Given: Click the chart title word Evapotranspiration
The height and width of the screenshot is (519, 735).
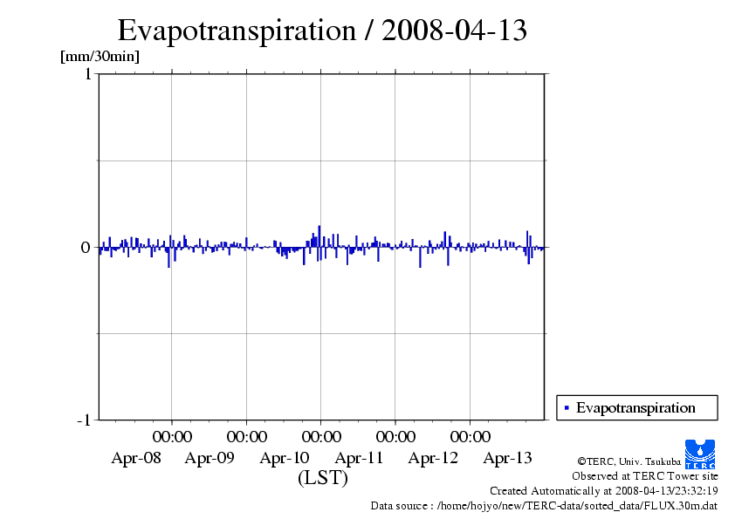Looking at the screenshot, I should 236,31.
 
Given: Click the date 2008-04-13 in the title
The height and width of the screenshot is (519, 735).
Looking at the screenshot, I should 455,31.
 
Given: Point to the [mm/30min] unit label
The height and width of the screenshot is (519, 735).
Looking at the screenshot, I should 100,57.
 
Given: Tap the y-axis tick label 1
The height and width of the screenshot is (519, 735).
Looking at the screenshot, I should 87,74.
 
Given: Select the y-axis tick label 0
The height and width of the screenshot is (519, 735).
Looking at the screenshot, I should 86,248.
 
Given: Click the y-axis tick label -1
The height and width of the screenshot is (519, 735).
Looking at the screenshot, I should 84,420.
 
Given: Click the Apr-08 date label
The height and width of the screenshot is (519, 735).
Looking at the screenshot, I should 136,458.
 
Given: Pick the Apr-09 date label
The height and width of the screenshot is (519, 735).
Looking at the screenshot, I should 210,458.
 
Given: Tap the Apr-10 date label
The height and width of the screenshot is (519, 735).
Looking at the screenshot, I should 285,458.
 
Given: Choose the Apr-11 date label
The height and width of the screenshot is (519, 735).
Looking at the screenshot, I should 359,458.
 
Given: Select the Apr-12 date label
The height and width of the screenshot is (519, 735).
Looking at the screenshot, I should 433,458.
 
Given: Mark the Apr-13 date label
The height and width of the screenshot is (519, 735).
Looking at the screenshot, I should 508,458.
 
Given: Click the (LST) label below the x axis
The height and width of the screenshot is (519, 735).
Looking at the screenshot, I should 323,479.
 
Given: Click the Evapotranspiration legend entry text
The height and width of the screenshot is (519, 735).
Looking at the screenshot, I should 635,407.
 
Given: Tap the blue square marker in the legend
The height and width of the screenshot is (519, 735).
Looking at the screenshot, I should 567,407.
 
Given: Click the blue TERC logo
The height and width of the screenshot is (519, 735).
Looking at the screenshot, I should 701,454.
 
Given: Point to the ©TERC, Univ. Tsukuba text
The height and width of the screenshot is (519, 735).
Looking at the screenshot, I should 629,461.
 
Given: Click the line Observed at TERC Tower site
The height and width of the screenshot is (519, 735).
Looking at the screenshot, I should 645,476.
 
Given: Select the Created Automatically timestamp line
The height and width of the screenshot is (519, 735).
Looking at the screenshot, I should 604,490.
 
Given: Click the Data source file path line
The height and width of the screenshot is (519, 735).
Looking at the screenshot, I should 544,505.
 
